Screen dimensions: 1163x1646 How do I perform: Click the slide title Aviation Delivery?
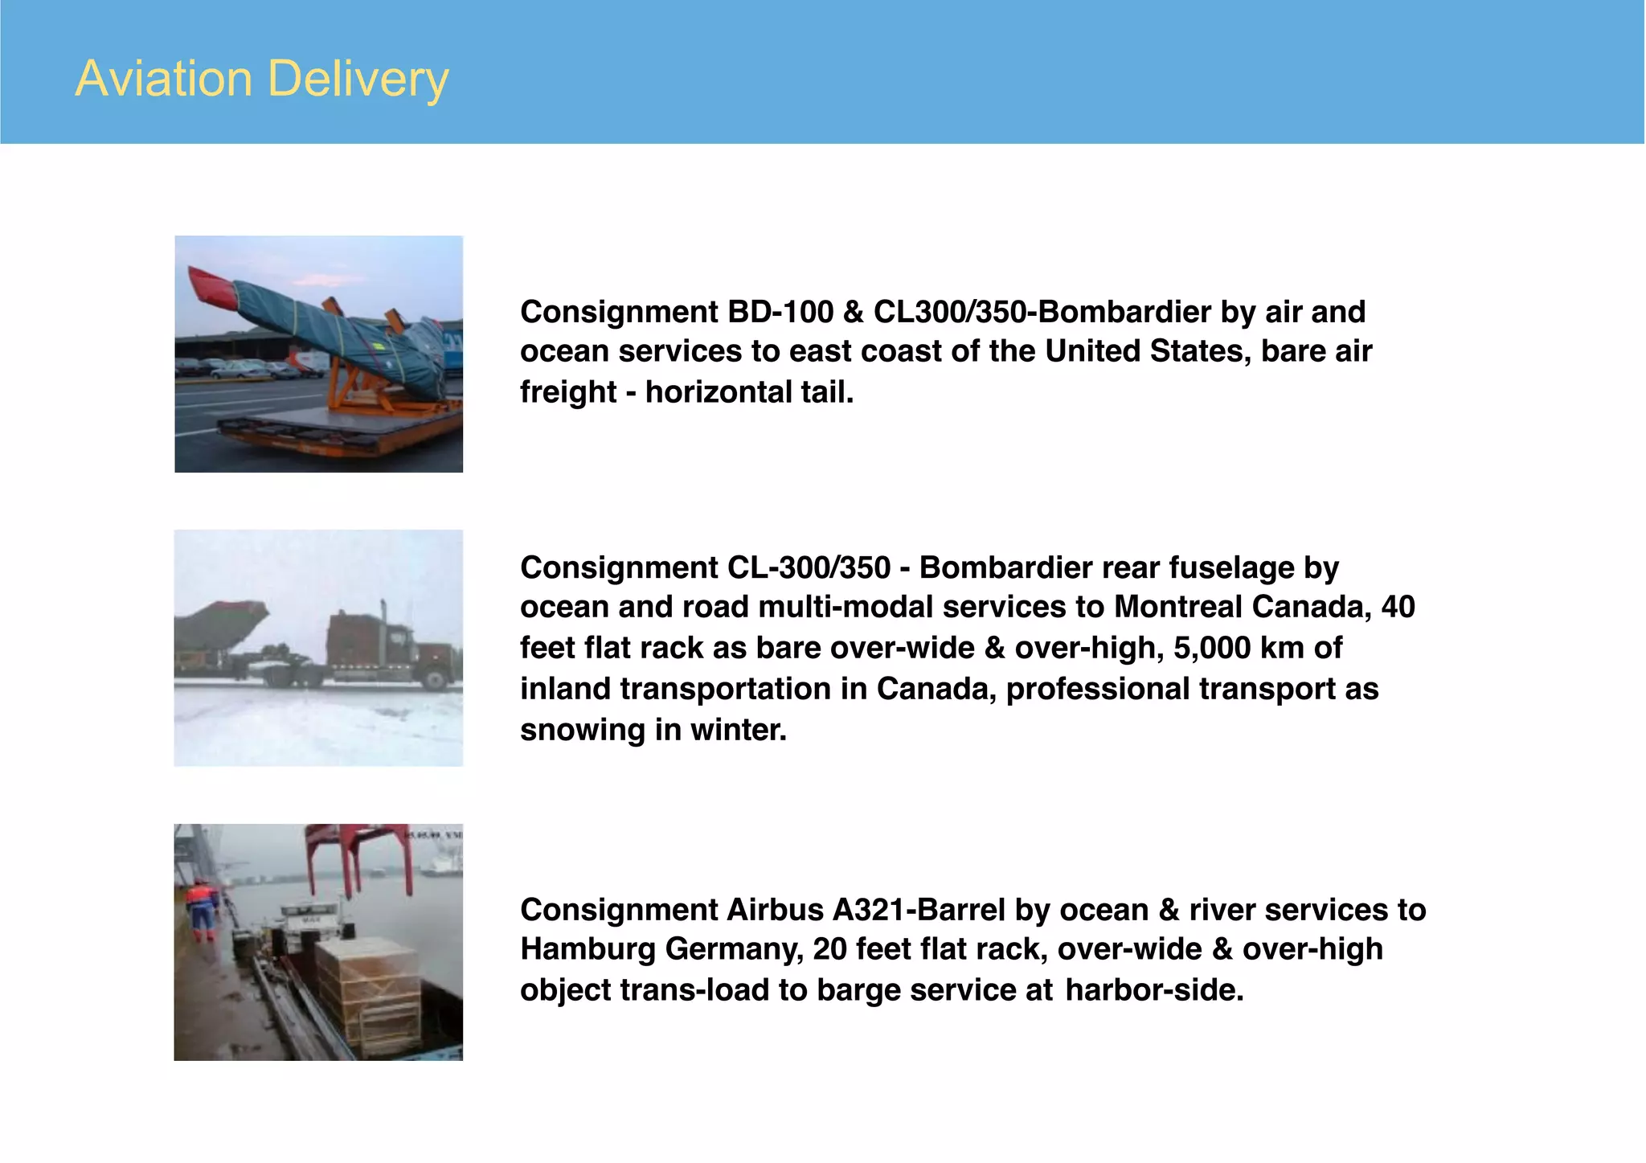[x=262, y=79]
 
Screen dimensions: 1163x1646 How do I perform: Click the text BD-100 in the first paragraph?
[x=780, y=312]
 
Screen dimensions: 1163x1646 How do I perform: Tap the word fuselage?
[x=1231, y=567]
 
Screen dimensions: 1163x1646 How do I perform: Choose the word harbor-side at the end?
[x=1154, y=990]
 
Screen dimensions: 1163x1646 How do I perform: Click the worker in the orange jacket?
[x=202, y=908]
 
